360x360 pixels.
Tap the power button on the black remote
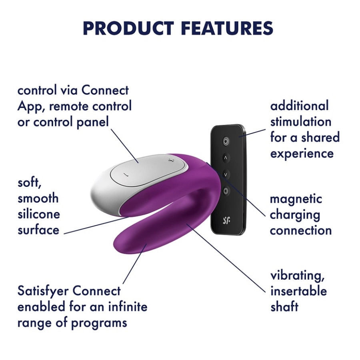226,141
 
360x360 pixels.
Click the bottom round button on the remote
226,191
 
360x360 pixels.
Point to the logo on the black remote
226,220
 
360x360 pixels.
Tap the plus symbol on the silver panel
170,161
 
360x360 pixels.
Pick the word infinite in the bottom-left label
128,307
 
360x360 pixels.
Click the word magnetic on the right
296,199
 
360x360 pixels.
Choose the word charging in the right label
295,215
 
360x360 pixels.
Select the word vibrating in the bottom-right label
297,276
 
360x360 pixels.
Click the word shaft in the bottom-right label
284,306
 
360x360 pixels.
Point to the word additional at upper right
299,106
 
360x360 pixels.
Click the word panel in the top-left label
92,122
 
